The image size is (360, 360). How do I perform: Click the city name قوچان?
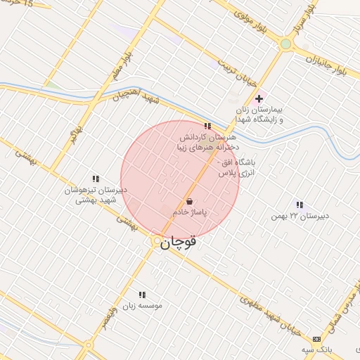pos(180,243)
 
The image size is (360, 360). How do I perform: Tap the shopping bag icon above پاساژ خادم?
pos(191,201)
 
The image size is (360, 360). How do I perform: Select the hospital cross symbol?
pos(259,98)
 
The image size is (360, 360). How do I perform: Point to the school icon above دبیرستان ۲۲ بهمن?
pos(300,205)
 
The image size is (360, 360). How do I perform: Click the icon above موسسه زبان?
pos(142,295)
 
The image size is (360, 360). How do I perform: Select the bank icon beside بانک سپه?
pos(316,339)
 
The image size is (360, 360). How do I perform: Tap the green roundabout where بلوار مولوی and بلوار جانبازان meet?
pos(285,44)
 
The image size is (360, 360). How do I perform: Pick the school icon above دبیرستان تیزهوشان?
pos(96,179)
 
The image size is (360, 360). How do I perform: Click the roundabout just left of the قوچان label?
pos(156,241)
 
